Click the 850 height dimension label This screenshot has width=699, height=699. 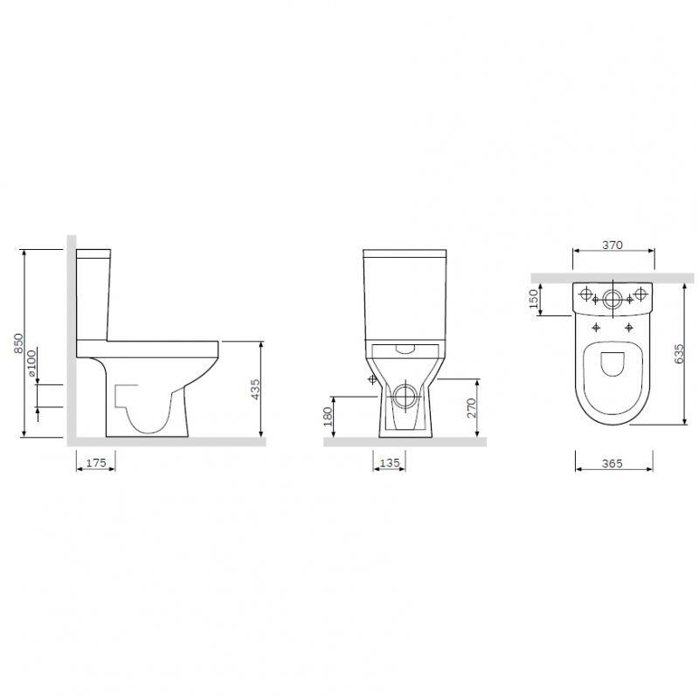(x=18, y=343)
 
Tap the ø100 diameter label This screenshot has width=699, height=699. (x=31, y=363)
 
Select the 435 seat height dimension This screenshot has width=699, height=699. (x=254, y=389)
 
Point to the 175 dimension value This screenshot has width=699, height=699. (x=96, y=463)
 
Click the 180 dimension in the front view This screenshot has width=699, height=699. (x=329, y=417)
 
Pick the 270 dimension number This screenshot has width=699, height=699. (x=471, y=408)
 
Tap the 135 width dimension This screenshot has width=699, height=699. (x=390, y=463)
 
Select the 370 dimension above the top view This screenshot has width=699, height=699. (x=612, y=245)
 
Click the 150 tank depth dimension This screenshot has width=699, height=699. (x=534, y=299)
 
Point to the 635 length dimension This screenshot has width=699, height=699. (x=679, y=354)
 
